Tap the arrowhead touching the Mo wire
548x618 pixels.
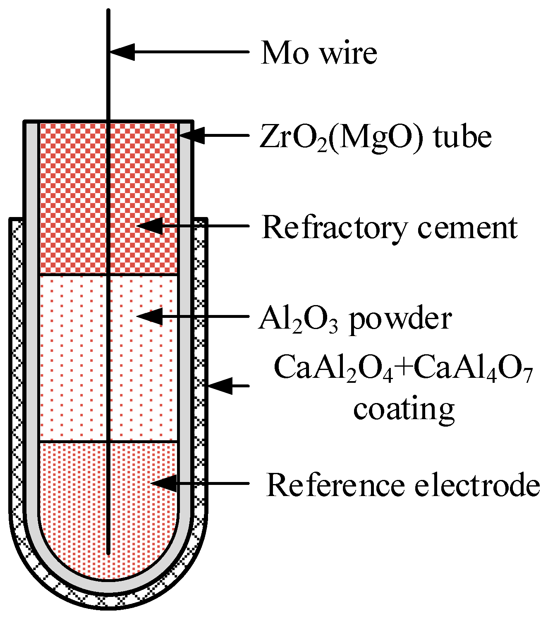click(x=122, y=52)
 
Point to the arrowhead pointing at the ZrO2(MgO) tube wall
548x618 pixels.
click(x=192, y=135)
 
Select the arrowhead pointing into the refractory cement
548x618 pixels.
click(x=149, y=226)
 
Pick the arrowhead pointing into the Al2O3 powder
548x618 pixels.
click(x=149, y=316)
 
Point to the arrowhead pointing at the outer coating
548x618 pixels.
click(x=219, y=385)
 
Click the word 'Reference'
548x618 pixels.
click(x=335, y=485)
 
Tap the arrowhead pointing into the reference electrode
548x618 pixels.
click(x=163, y=483)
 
